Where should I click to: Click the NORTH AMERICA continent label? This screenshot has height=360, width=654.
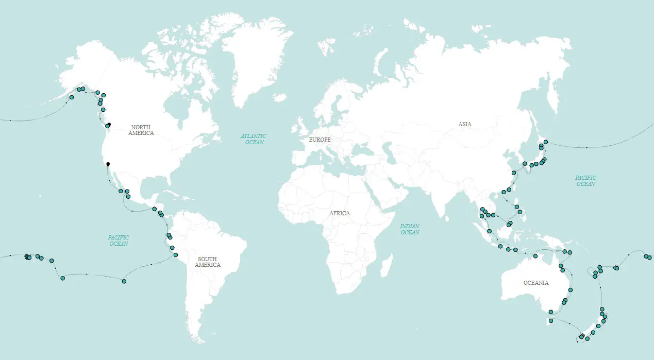click(142, 130)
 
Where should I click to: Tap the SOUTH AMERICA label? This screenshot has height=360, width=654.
click(208, 262)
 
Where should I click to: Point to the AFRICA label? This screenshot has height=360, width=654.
click(339, 213)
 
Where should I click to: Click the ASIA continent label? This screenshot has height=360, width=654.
click(464, 124)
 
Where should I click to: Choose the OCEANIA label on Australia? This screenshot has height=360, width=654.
click(536, 283)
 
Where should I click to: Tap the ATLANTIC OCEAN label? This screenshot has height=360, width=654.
click(253, 139)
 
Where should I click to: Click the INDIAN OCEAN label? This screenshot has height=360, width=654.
click(410, 229)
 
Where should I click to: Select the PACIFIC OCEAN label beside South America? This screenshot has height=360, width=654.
click(119, 241)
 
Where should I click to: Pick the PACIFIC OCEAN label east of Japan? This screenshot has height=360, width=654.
click(585, 181)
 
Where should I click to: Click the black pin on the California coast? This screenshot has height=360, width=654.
click(108, 164)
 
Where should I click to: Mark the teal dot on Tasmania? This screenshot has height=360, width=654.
click(551, 321)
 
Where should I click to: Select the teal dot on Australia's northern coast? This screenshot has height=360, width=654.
click(535, 256)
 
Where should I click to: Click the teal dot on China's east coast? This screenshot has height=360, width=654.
click(514, 173)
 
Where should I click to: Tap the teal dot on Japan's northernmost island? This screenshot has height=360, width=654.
click(546, 142)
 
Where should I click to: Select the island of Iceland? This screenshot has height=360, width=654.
click(280, 97)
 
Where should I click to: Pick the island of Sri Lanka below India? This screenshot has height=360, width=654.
click(446, 216)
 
